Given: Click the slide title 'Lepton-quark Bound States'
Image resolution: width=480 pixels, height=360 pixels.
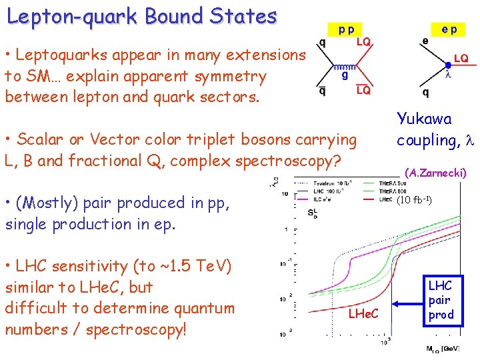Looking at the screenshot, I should pos(141,15).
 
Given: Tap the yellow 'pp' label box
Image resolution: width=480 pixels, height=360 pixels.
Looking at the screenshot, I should pos(345,30).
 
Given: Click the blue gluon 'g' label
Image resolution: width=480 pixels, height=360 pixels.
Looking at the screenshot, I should pos(345,75).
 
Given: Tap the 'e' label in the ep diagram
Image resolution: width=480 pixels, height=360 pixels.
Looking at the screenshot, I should pos(425,42).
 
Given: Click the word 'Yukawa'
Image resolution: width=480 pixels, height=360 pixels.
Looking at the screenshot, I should pos(424,119).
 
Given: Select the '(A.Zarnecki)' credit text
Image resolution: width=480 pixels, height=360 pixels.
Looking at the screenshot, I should pos(436,173).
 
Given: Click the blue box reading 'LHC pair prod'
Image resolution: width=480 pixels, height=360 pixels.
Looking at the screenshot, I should pos(441,300).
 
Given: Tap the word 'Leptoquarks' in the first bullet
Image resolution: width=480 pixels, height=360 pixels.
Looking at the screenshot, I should pos(58,55).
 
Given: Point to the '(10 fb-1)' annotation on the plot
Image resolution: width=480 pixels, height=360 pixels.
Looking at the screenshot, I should pos(415,200).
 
